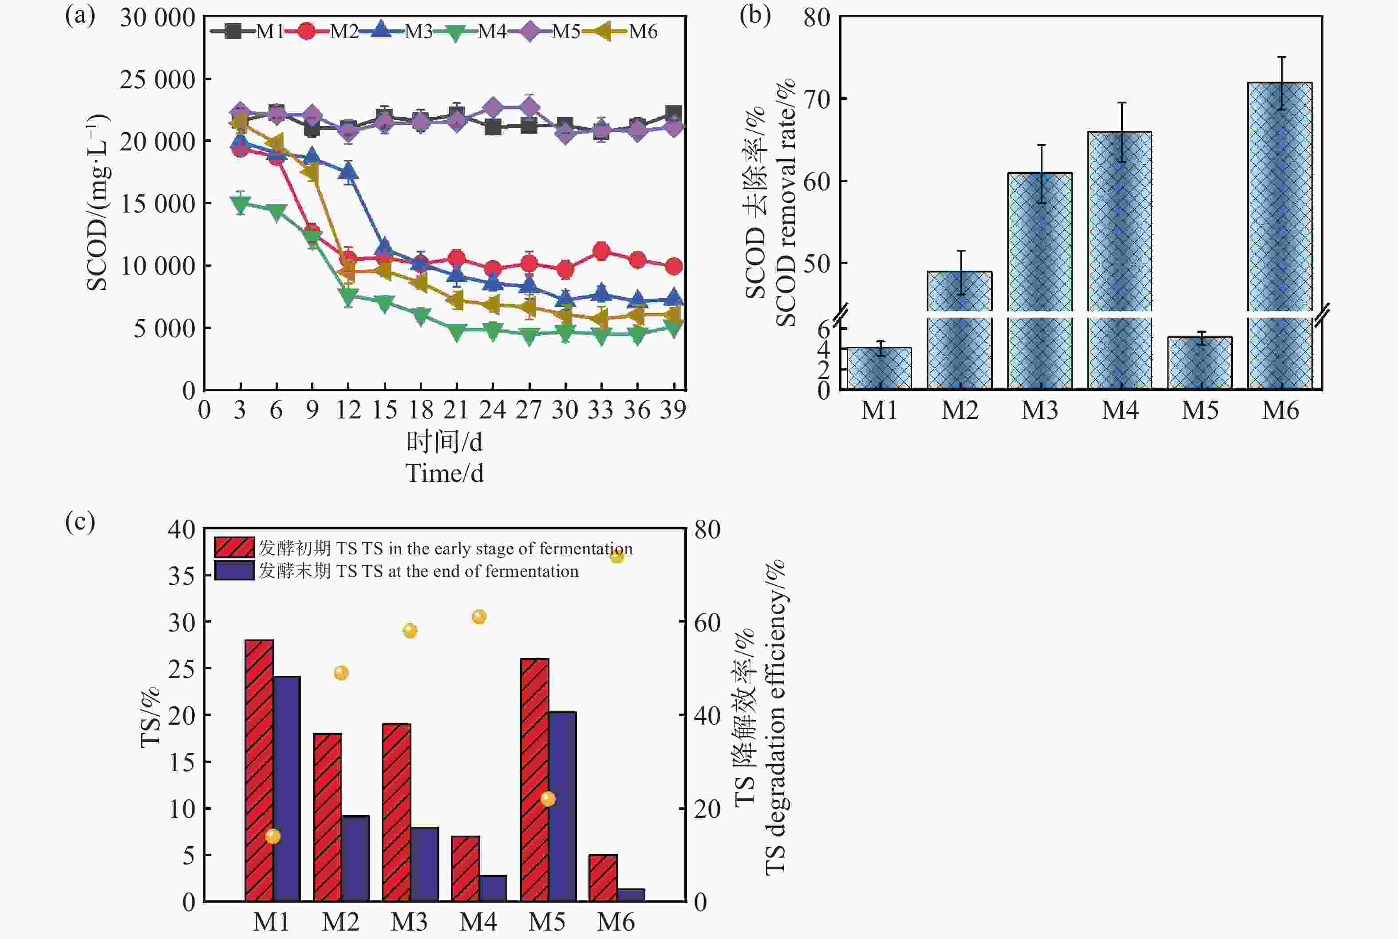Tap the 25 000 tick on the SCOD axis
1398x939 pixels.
(158, 79)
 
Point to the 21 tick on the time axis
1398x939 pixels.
(456, 410)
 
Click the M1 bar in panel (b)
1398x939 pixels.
(879, 368)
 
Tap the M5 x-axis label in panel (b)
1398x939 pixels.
(1200, 411)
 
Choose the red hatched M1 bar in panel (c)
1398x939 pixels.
(259, 770)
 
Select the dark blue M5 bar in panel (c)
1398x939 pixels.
(562, 806)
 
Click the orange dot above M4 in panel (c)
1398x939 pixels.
(478, 617)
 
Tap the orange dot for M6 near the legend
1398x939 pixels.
(617, 556)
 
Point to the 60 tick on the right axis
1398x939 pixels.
(707, 622)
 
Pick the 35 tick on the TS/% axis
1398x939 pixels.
(182, 576)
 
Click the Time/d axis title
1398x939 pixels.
(444, 473)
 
